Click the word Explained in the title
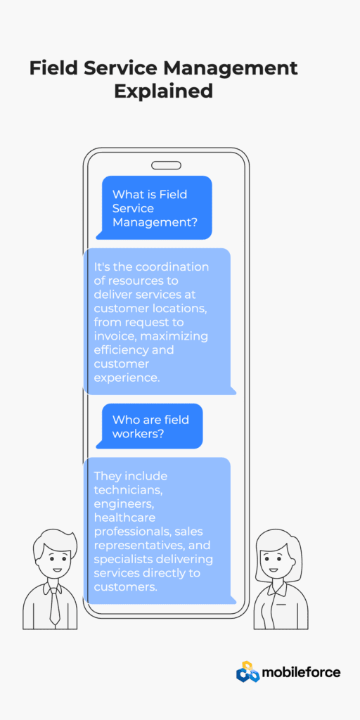click(x=163, y=91)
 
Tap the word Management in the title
click(x=230, y=68)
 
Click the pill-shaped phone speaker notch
click(x=166, y=165)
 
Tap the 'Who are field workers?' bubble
click(x=149, y=426)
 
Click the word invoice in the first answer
click(x=115, y=336)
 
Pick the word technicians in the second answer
click(x=128, y=490)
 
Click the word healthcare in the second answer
click(x=124, y=517)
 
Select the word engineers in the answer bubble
click(x=122, y=504)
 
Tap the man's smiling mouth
click(x=56, y=570)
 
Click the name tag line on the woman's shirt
click(x=281, y=604)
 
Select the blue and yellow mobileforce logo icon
click(x=248, y=672)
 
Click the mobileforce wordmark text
click(x=301, y=673)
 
